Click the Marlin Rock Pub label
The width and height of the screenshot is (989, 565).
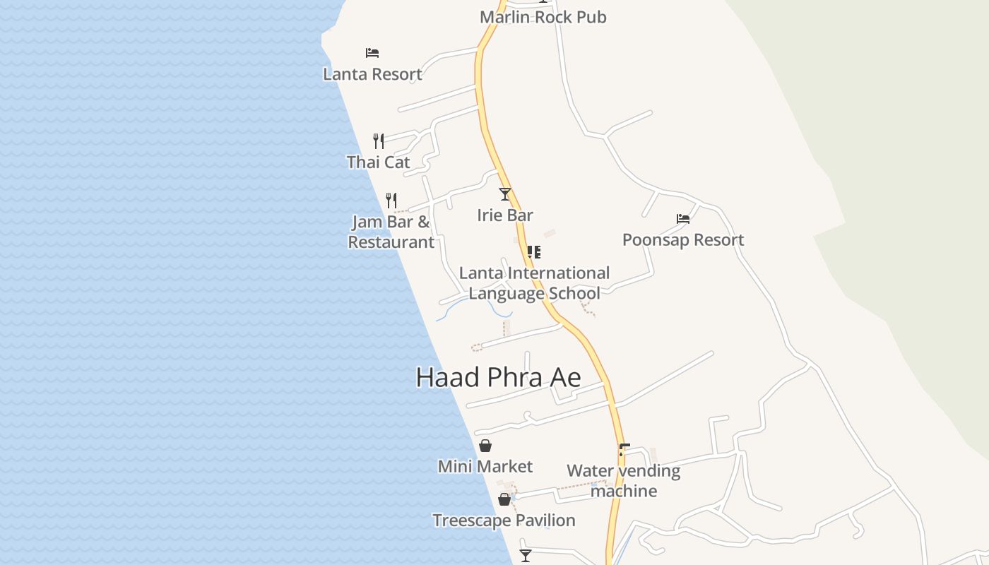(x=543, y=17)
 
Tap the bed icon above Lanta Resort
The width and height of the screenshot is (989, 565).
(x=372, y=53)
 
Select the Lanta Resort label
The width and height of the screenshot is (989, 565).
(x=372, y=74)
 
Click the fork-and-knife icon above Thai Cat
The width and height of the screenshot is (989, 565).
(x=379, y=141)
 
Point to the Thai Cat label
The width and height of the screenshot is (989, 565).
(x=378, y=162)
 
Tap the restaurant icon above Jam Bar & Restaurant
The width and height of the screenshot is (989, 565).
(x=391, y=201)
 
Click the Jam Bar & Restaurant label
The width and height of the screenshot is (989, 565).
(x=391, y=232)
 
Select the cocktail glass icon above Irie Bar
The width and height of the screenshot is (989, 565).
(x=505, y=194)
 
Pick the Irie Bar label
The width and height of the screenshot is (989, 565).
(x=505, y=215)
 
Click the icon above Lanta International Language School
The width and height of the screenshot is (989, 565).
(x=534, y=251)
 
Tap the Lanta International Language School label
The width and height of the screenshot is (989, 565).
(x=534, y=283)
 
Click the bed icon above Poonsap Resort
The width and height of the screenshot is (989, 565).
(x=683, y=219)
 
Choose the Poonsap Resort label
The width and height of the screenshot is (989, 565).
(x=683, y=240)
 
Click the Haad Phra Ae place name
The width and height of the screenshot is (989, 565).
(x=498, y=377)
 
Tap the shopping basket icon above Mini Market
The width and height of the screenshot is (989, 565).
(x=485, y=446)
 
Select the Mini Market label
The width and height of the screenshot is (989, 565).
(x=485, y=467)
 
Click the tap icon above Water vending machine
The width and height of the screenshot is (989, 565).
(x=624, y=449)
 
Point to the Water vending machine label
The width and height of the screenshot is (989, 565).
(x=624, y=481)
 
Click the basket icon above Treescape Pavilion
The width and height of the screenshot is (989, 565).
(x=504, y=499)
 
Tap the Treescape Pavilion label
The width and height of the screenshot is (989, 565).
(x=504, y=521)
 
